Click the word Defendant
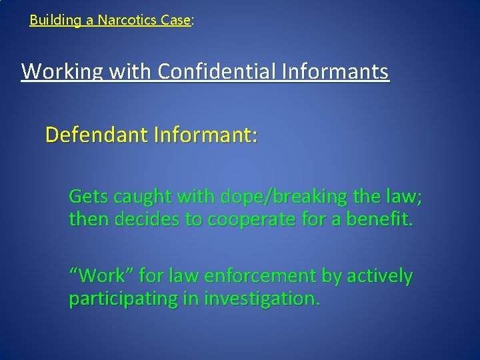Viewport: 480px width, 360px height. click(97, 135)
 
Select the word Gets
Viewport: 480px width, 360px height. click(89, 197)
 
